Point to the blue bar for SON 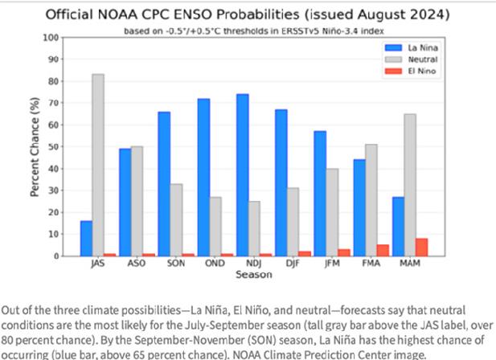tap(164, 184)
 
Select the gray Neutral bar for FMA tap(371, 200)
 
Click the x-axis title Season tap(254, 275)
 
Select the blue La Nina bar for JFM tap(320, 194)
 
